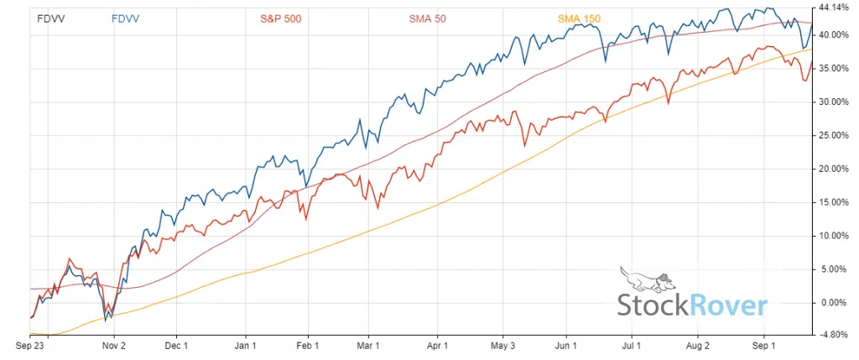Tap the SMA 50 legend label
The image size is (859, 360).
tap(427, 18)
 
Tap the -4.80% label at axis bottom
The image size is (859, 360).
tap(834, 334)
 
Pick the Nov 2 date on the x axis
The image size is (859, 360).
tap(113, 344)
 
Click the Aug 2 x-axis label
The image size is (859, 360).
tap(698, 344)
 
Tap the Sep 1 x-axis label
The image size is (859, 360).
tap(763, 344)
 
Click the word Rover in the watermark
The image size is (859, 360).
tap(727, 305)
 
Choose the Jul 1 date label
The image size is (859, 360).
tap(631, 344)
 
